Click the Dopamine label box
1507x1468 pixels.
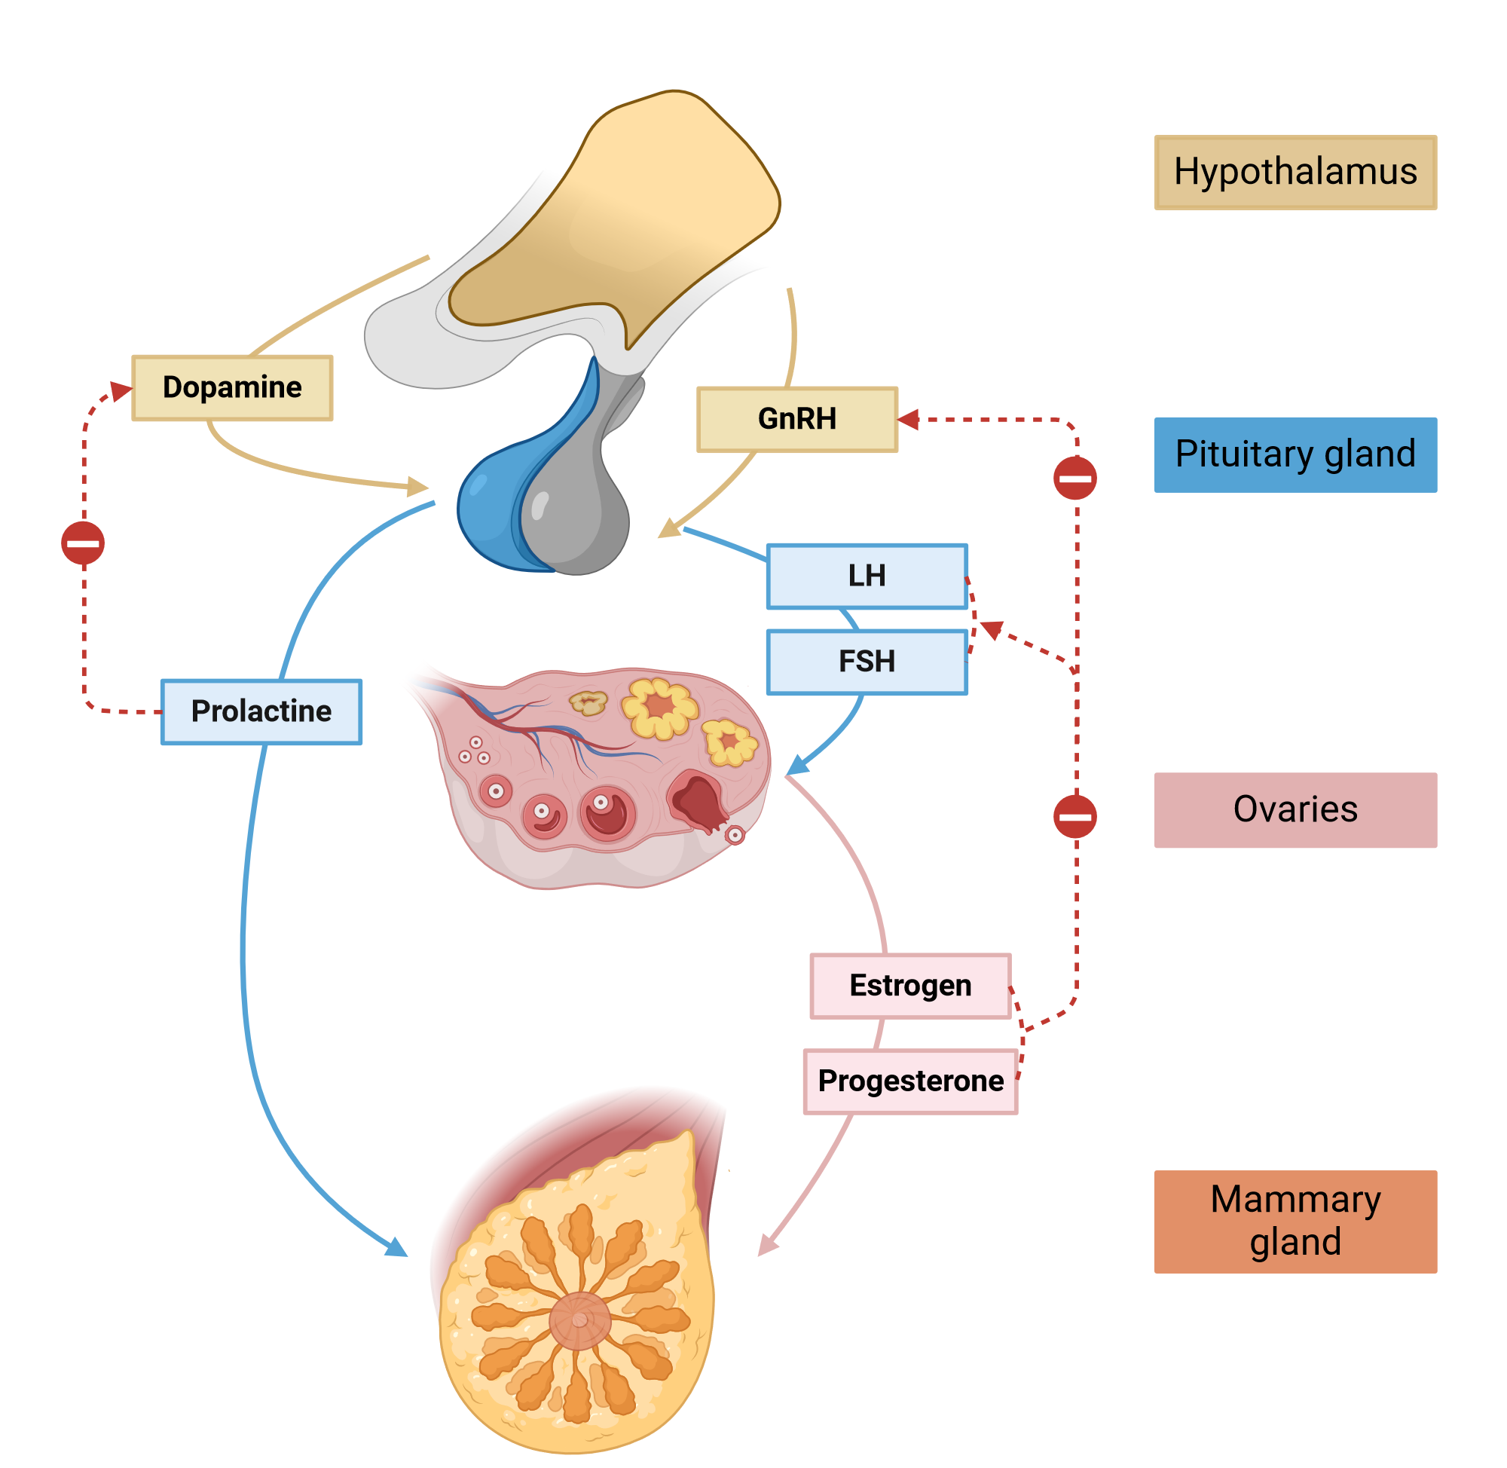click(x=233, y=389)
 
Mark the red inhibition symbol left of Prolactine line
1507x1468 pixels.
click(x=83, y=544)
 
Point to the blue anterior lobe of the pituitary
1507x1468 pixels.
click(x=494, y=509)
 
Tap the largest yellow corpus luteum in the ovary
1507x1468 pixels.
click(x=661, y=708)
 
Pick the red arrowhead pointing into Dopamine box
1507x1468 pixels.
click(x=121, y=391)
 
